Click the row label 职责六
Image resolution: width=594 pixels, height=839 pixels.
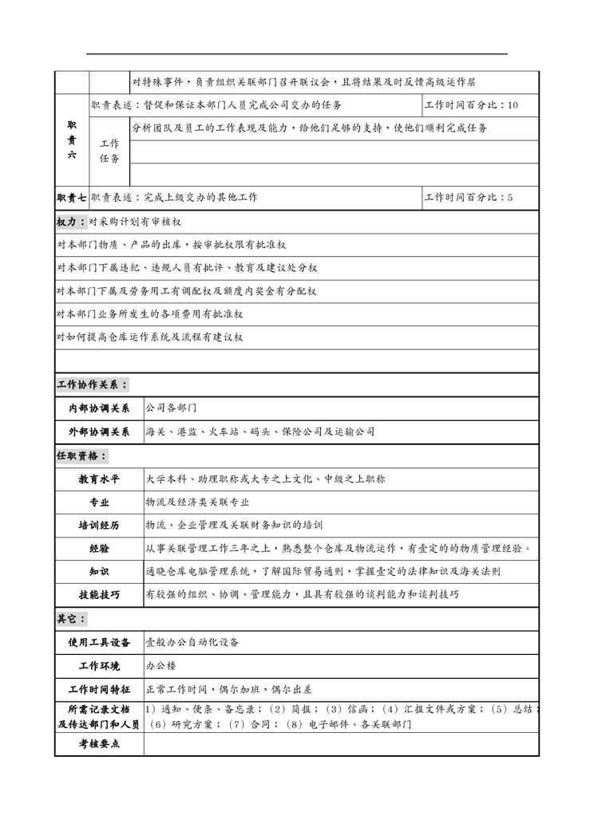[x=72, y=140]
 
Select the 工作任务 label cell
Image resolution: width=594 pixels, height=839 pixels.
[x=109, y=151]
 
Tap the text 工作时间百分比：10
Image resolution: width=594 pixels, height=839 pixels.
[x=471, y=105]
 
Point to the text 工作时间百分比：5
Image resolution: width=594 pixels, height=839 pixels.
[x=469, y=197]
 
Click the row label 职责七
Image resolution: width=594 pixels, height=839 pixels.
[x=72, y=197]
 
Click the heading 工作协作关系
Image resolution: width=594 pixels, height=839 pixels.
[x=92, y=384]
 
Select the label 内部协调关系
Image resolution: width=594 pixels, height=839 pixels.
[x=99, y=408]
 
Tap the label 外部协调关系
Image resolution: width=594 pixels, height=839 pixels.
[x=99, y=431]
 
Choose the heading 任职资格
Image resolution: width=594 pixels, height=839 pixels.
[x=81, y=455]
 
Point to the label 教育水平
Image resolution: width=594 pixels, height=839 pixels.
[x=99, y=479]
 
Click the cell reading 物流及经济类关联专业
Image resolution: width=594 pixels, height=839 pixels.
[x=197, y=502]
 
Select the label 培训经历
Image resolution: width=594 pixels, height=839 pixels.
[x=99, y=526]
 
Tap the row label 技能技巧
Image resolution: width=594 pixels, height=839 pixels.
[x=99, y=595]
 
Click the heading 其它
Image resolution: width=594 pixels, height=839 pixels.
[x=71, y=618]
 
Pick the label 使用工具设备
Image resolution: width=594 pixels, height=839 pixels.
[x=99, y=642]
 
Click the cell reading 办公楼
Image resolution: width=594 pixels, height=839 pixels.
[x=160, y=665]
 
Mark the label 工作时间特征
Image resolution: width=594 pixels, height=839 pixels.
[x=99, y=688]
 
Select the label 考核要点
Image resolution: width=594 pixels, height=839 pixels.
[x=99, y=743]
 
